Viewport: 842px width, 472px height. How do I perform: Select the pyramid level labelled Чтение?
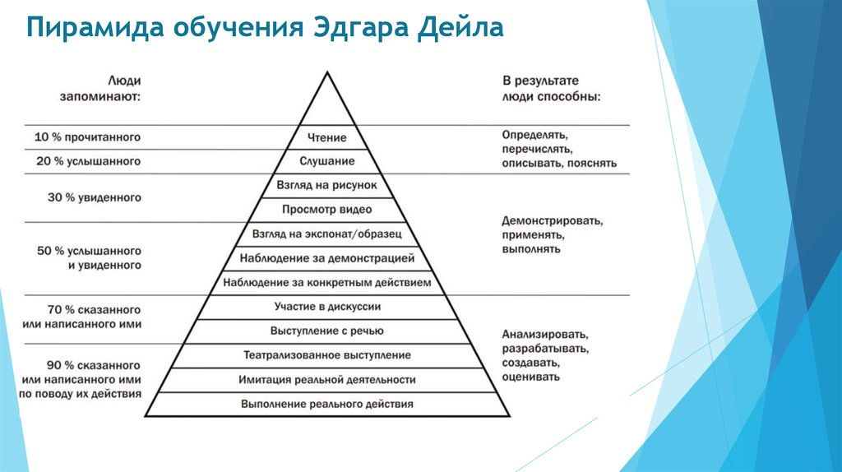(x=327, y=137)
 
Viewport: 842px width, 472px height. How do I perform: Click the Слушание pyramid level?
(x=327, y=161)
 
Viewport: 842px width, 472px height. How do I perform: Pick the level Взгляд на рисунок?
(x=327, y=185)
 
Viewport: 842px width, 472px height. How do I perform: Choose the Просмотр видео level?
(x=327, y=210)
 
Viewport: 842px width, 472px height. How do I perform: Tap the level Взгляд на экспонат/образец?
(x=327, y=234)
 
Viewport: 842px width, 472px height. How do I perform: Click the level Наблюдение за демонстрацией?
(x=327, y=258)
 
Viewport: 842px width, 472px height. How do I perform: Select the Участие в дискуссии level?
(x=327, y=307)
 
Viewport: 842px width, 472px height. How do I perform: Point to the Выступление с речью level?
(x=327, y=331)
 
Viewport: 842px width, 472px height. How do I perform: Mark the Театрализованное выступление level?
(x=327, y=355)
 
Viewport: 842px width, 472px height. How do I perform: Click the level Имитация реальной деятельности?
(x=327, y=380)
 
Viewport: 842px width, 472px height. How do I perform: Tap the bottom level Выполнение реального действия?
(x=327, y=404)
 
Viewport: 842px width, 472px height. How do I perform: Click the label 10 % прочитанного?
(x=87, y=137)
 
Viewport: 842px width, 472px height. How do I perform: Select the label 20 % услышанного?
(x=89, y=161)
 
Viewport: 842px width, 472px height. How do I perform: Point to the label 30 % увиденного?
(x=95, y=197)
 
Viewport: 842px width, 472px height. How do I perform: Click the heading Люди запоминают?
(x=100, y=89)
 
